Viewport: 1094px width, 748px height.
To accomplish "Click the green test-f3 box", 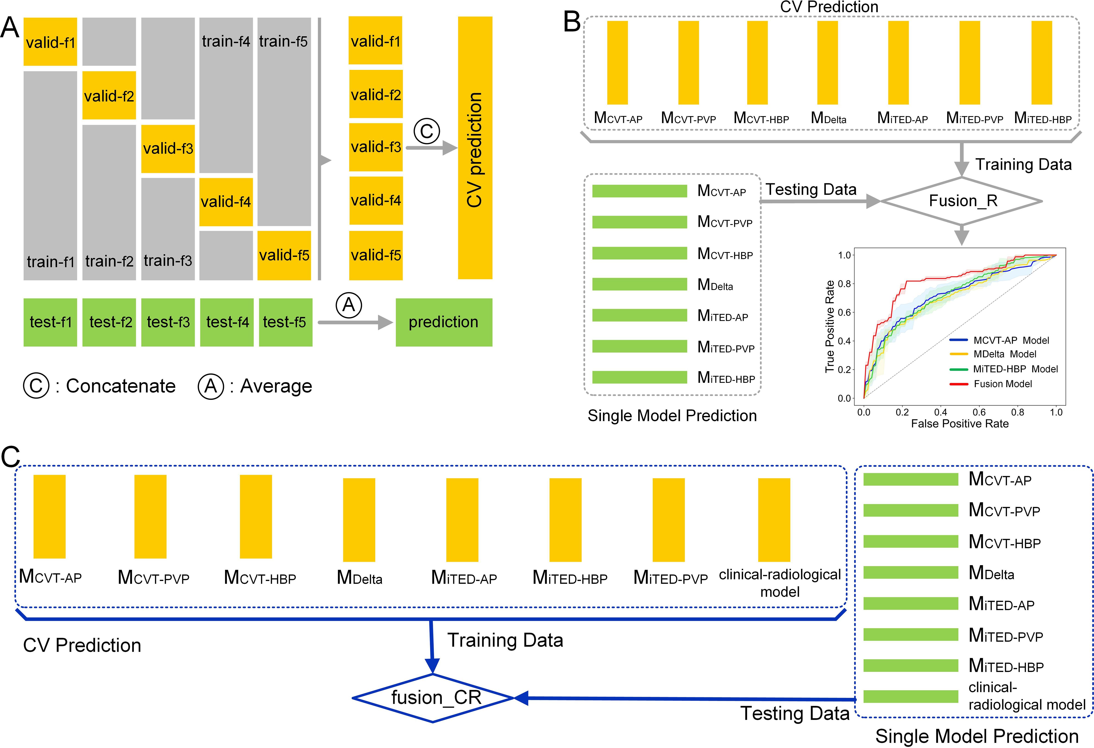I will (x=168, y=322).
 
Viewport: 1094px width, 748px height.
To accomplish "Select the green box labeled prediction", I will (x=443, y=322).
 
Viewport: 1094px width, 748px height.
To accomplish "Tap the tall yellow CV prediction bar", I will (x=475, y=148).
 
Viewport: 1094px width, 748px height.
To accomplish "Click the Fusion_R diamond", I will (x=962, y=201).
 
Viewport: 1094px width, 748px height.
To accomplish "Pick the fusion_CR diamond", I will (x=433, y=698).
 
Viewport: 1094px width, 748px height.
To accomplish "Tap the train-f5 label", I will (x=283, y=41).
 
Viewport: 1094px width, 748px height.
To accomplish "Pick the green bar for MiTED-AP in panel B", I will (x=639, y=315).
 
